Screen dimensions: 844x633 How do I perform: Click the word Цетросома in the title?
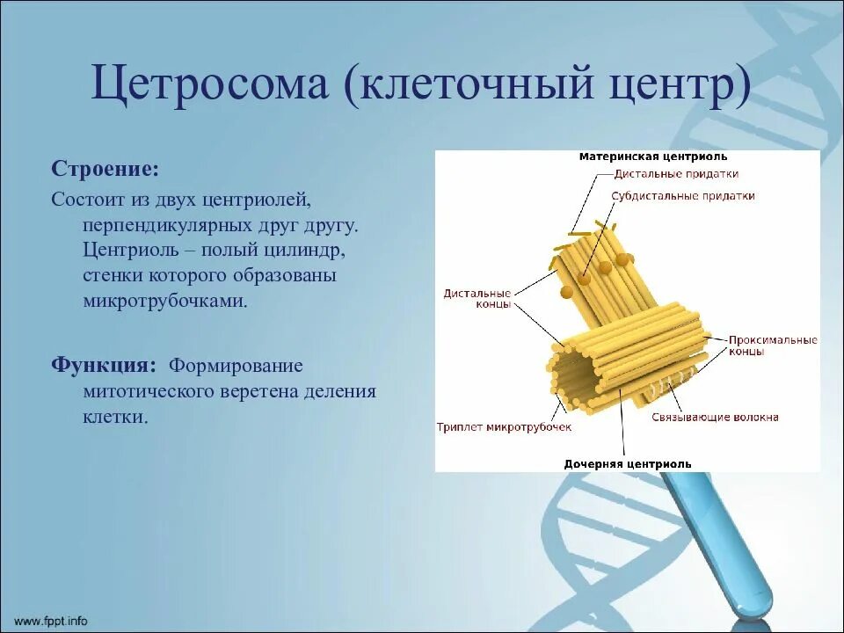pyautogui.click(x=209, y=84)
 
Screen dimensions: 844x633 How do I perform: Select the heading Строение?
pyautogui.click(x=105, y=169)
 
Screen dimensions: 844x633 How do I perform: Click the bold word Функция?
pyautogui.click(x=105, y=365)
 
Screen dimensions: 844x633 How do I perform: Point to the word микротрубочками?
pyautogui.click(x=164, y=301)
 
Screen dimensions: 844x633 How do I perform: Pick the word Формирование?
pyautogui.click(x=236, y=366)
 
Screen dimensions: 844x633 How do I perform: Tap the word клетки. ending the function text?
pyautogui.click(x=115, y=417)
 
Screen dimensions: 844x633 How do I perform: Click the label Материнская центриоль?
pyautogui.click(x=653, y=156)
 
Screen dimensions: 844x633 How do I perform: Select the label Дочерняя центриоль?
pyautogui.click(x=628, y=464)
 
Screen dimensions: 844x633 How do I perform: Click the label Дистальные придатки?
pyautogui.click(x=677, y=174)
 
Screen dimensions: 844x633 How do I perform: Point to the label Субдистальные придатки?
pyautogui.click(x=682, y=196)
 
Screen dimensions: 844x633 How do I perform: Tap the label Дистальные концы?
pyautogui.click(x=477, y=299)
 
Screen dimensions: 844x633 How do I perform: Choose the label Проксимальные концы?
pyautogui.click(x=773, y=346)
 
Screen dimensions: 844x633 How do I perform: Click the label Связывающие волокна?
pyautogui.click(x=715, y=417)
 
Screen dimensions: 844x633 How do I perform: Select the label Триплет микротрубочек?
pyautogui.click(x=504, y=427)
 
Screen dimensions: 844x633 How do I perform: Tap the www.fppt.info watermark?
pyautogui.click(x=51, y=621)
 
